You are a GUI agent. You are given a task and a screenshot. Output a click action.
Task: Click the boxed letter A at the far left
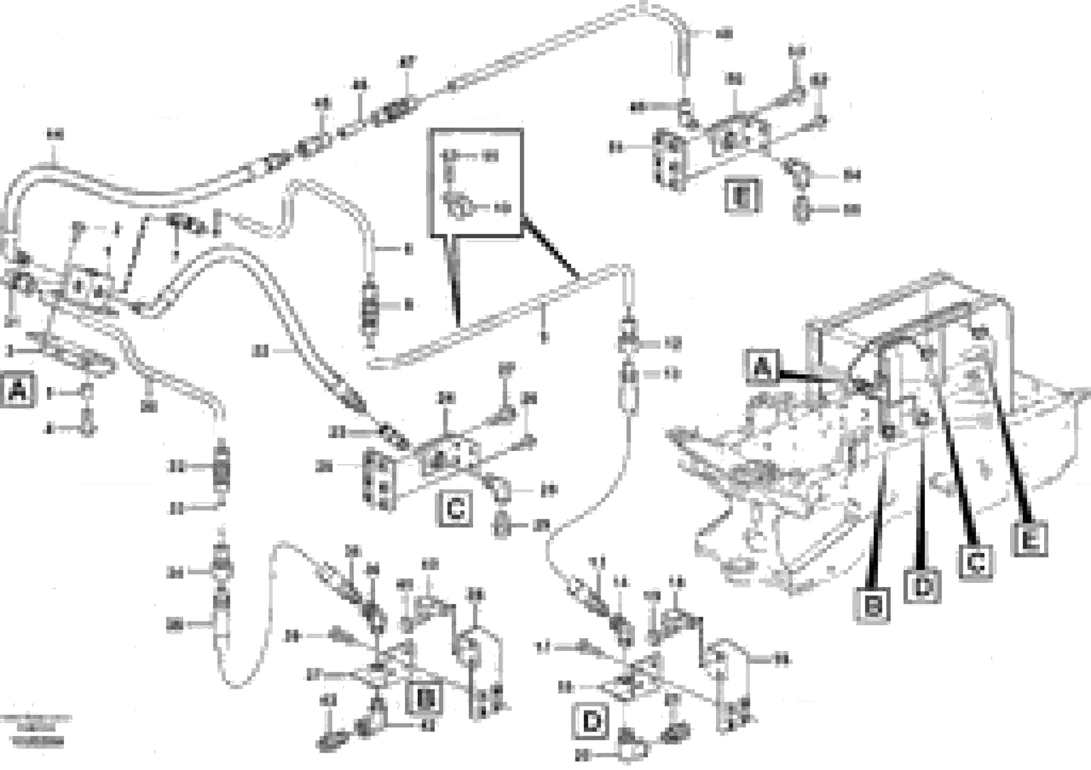tap(18, 390)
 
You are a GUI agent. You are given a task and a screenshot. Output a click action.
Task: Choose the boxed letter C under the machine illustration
tap(975, 563)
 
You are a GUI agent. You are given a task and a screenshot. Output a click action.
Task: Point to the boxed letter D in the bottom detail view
tap(591, 722)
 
